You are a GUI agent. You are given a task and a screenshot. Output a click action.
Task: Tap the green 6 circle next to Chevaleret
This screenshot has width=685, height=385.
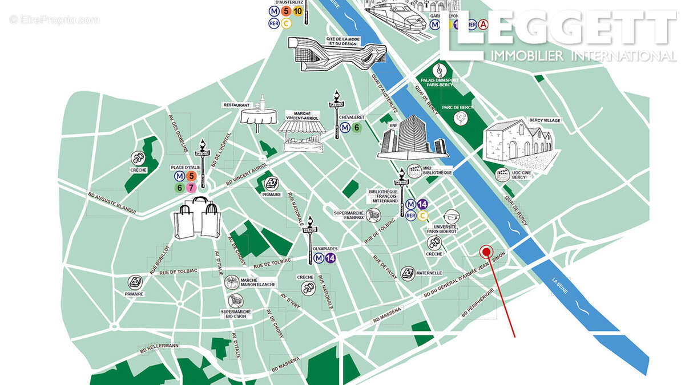(x=357, y=128)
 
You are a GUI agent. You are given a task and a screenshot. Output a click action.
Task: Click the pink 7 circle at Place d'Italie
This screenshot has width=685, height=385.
(x=191, y=187)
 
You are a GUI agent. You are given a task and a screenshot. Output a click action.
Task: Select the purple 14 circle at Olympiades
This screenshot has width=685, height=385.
(x=330, y=258)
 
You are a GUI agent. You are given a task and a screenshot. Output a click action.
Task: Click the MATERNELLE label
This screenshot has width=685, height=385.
(x=429, y=273)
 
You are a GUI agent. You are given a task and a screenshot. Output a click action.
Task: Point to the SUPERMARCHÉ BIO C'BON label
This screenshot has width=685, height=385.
(x=236, y=314)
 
